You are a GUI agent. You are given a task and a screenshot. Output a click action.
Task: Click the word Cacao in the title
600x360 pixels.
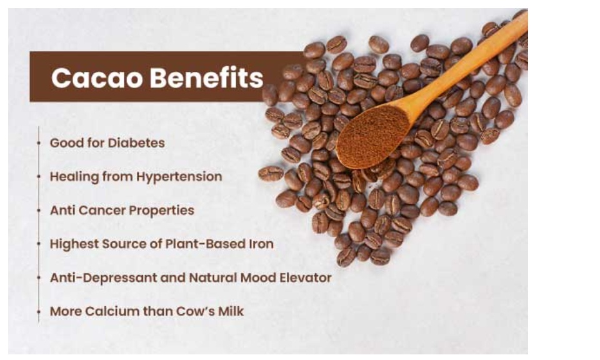click(x=97, y=78)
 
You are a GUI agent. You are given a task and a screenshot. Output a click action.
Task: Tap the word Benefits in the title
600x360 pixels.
click(x=207, y=77)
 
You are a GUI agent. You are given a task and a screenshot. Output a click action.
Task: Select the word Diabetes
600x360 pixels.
click(x=136, y=142)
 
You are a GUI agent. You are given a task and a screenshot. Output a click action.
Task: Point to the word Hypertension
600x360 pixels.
click(x=179, y=177)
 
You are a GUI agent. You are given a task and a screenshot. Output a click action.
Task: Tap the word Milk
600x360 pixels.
click(x=231, y=311)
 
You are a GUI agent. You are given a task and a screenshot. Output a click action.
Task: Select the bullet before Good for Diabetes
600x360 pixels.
click(x=39, y=143)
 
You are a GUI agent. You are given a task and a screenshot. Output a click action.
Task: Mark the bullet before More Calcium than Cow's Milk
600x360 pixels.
click(x=39, y=311)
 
